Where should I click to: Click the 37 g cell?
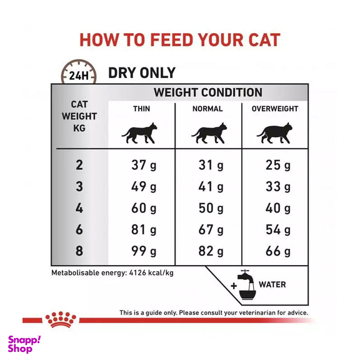[x=144, y=166]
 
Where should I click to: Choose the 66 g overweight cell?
[x=277, y=251]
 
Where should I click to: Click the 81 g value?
[x=144, y=229]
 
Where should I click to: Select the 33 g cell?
[x=277, y=187]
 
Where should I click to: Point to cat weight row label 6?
[x=79, y=229]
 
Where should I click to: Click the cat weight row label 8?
[x=79, y=251]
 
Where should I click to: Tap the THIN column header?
[x=141, y=109]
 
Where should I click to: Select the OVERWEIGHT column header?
[x=275, y=109]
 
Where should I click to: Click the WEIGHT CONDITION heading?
[x=208, y=92]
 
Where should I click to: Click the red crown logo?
[x=61, y=320]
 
